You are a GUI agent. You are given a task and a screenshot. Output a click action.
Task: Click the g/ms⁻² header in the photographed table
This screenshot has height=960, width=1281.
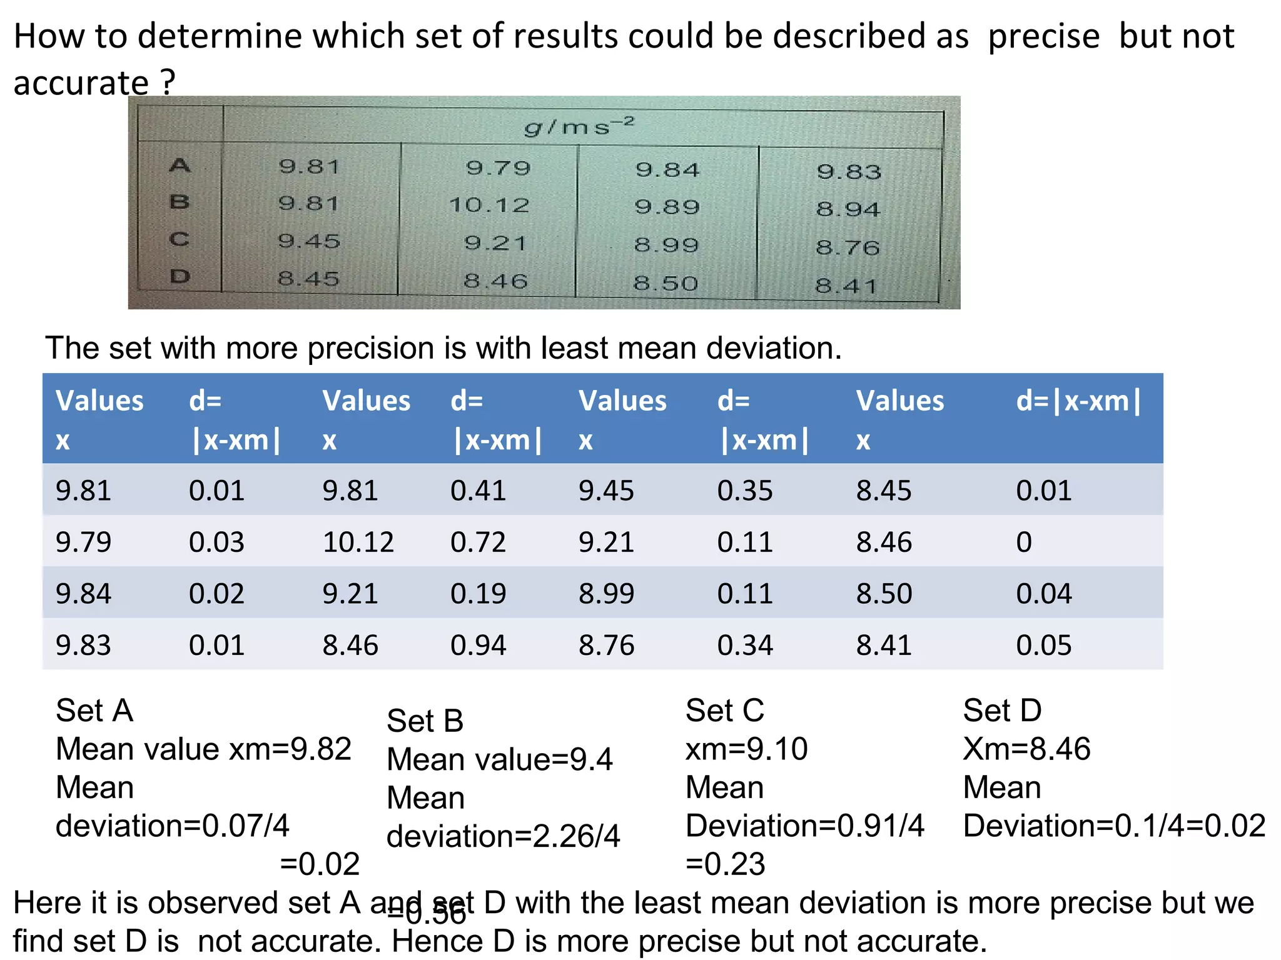(579, 126)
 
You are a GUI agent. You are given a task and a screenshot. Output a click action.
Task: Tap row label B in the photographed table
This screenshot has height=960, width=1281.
(180, 202)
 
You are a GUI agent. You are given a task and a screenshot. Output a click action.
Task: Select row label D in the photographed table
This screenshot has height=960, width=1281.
(180, 276)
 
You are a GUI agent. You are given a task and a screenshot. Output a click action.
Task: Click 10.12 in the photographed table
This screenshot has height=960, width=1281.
(489, 205)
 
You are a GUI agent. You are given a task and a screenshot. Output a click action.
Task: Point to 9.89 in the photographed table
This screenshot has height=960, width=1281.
(667, 207)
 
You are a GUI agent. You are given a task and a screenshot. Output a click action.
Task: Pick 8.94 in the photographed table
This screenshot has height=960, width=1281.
(848, 209)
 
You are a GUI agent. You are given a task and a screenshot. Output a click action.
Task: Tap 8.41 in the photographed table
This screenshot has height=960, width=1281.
(846, 286)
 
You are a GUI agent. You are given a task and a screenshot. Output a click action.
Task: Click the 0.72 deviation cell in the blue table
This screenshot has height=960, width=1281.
(478, 542)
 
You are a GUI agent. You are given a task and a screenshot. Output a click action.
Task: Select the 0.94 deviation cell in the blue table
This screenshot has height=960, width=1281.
(478, 645)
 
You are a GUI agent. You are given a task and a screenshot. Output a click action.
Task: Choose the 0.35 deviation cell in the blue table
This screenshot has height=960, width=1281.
(745, 491)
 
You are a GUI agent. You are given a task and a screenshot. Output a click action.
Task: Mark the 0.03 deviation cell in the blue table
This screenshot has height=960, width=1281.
(216, 542)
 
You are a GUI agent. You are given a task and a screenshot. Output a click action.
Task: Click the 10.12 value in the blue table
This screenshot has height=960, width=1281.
(358, 542)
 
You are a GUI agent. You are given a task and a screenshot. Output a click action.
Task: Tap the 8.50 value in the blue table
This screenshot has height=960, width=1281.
(884, 593)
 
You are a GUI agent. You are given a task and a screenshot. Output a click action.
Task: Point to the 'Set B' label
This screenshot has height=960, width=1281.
(425, 721)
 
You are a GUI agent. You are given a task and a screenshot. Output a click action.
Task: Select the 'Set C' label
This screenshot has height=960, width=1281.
(725, 711)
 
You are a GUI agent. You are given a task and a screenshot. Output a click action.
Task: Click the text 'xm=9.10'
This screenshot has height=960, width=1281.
(747, 749)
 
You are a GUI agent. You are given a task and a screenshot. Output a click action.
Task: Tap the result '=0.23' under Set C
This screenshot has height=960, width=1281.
(726, 864)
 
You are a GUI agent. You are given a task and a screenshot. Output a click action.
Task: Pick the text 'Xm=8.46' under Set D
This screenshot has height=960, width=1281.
(1026, 749)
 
